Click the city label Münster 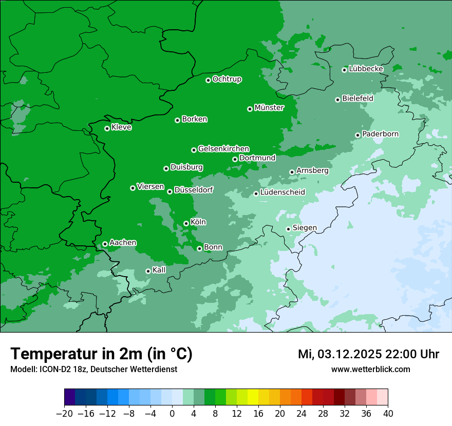coord(269,108)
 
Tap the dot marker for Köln coord(186,223)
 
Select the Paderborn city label coord(380,134)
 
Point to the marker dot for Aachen coord(105,244)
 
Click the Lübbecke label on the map coord(366,69)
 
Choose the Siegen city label coord(305,228)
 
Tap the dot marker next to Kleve coord(107,128)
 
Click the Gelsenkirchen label coord(223,149)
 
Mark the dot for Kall coord(148,271)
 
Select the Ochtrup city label coord(227,79)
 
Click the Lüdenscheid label coord(282,192)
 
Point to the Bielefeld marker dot coord(337,100)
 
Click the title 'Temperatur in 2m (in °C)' coord(101,354)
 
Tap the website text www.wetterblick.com coord(370,369)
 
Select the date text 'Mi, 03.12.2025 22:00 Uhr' coord(368,354)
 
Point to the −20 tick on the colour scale coord(64,414)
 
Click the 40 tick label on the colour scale coord(388,414)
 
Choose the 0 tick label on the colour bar coord(172,414)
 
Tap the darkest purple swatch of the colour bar coord(70,397)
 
